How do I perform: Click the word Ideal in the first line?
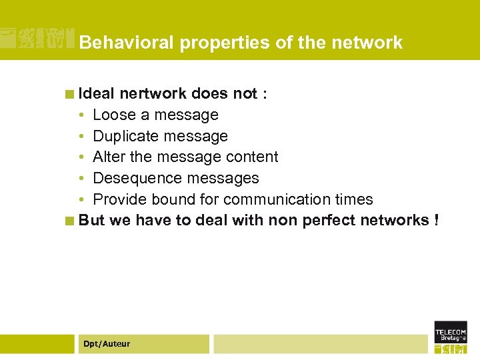[97, 93]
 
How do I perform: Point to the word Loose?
[114, 115]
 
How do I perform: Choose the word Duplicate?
[125, 136]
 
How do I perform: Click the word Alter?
[109, 157]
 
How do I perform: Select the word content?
[253, 157]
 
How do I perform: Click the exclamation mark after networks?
[436, 220]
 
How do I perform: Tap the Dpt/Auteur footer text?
[107, 344]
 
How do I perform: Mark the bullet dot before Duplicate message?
[81, 136]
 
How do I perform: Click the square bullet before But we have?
[69, 221]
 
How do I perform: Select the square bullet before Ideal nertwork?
[69, 94]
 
